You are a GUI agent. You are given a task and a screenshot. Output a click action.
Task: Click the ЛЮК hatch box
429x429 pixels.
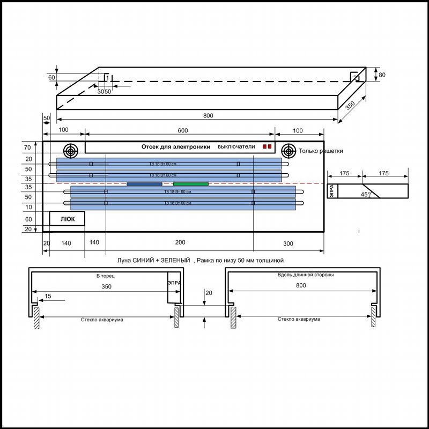67,218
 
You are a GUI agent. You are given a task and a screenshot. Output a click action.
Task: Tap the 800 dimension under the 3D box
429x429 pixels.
208,115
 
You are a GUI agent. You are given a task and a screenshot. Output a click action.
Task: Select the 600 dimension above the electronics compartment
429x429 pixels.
182,130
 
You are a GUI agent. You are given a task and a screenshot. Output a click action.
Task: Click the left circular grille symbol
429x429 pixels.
70,150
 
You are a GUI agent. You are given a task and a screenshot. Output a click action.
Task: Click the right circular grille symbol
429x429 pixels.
289,150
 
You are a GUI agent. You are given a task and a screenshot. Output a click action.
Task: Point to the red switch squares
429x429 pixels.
267,146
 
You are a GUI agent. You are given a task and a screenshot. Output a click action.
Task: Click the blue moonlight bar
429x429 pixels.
144,184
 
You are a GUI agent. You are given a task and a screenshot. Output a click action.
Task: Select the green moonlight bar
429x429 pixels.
191,184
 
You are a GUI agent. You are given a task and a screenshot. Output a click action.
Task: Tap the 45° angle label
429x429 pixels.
366,195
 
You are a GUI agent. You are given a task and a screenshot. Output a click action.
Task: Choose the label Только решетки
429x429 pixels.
321,151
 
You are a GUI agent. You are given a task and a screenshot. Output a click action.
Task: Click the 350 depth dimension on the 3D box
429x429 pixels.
350,105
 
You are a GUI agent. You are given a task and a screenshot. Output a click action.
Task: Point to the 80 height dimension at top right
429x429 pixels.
382,75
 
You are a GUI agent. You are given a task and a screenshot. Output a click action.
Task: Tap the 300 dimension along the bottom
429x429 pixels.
288,243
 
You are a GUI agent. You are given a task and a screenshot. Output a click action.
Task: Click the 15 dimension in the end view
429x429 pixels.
48,296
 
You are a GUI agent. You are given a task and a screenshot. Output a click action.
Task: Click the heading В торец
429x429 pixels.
106,276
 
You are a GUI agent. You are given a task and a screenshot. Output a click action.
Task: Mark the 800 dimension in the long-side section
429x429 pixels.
301,285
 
